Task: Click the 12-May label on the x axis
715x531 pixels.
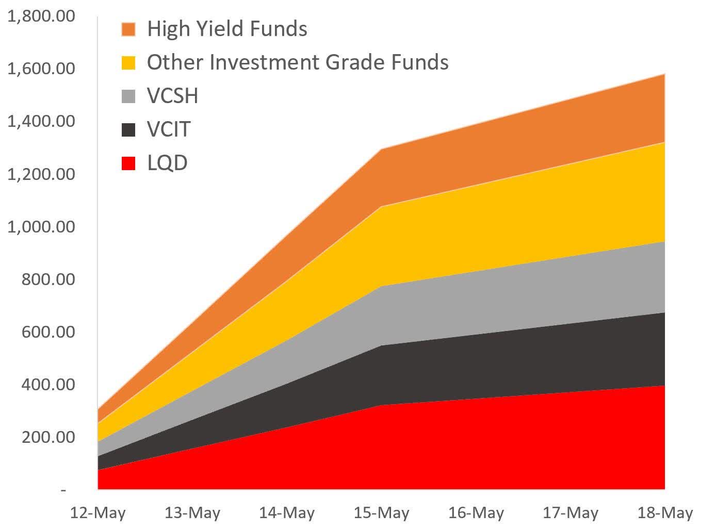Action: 98,513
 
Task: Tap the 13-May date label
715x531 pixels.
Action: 192,513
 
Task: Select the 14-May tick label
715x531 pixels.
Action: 286,513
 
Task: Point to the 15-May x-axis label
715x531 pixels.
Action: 381,513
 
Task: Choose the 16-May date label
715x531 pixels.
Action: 476,513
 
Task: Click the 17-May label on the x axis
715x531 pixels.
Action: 570,513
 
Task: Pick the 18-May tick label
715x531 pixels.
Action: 665,513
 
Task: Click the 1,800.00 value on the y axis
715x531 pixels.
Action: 41,16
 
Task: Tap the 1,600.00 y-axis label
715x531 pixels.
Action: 41,69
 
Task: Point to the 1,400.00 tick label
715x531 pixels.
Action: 41,121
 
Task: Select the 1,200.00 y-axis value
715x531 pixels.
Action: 41,174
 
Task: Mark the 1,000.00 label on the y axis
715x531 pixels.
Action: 41,226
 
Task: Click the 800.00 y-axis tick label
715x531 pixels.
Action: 48,279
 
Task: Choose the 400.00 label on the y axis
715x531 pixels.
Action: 48,385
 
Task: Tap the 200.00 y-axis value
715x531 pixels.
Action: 48,437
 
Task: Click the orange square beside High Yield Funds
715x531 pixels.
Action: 128,29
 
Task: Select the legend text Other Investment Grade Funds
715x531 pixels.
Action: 298,62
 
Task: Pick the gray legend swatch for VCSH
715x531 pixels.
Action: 128,96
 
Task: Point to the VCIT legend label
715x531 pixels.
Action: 169,129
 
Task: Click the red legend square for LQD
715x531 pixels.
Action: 128,163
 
